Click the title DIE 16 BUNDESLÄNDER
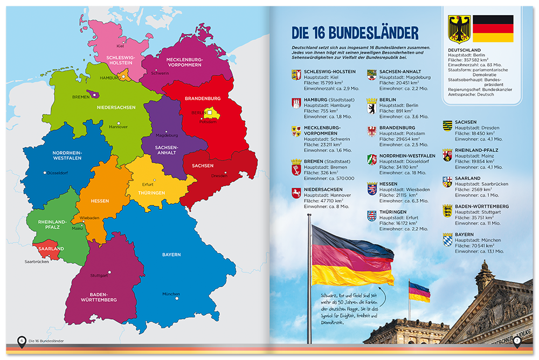click(355, 33)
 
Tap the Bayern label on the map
click(171, 254)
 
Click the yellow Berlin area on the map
click(207, 113)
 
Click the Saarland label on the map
click(52, 249)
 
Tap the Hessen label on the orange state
click(100, 201)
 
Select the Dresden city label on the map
click(219, 176)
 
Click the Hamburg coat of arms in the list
click(295, 103)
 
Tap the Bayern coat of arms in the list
click(447, 240)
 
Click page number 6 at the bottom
click(21, 341)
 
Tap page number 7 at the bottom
click(517, 341)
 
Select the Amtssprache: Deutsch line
click(471, 94)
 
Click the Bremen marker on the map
click(95, 94)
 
